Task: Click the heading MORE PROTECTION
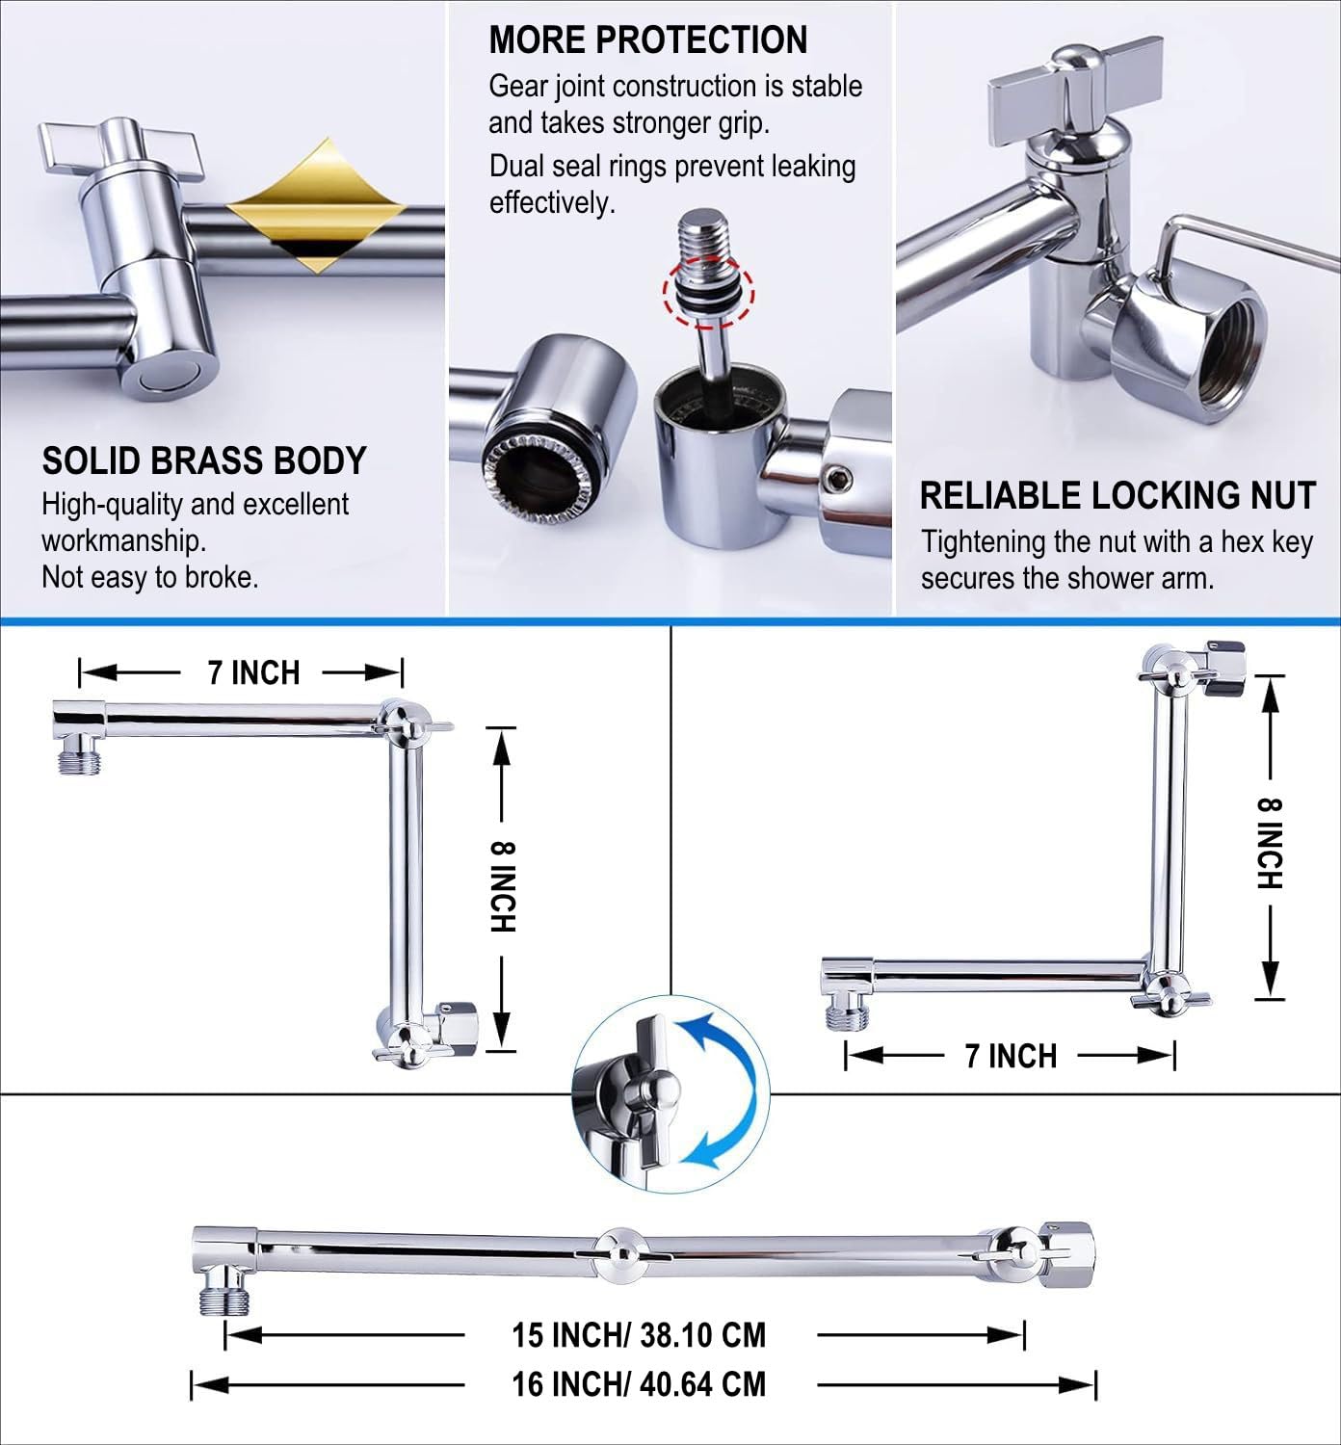647,39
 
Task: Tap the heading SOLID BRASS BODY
203,460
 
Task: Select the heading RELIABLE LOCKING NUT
1117,495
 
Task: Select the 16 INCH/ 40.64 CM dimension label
639,1384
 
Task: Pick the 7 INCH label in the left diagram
254,672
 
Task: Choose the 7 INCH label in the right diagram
1011,1057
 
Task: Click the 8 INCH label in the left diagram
503,886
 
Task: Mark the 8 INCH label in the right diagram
1270,843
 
